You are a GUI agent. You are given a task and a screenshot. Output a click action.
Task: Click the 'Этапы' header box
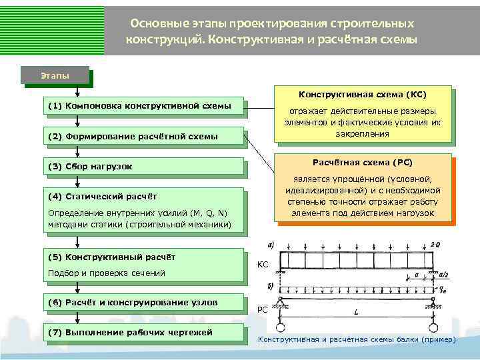click(x=56, y=75)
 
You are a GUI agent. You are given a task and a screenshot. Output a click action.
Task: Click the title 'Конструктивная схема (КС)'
click(x=362, y=95)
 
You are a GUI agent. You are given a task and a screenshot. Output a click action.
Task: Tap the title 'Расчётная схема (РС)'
click(x=362, y=162)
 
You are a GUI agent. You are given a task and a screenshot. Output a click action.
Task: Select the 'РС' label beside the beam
click(x=263, y=309)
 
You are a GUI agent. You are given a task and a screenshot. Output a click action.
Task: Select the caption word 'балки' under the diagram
click(x=394, y=339)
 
